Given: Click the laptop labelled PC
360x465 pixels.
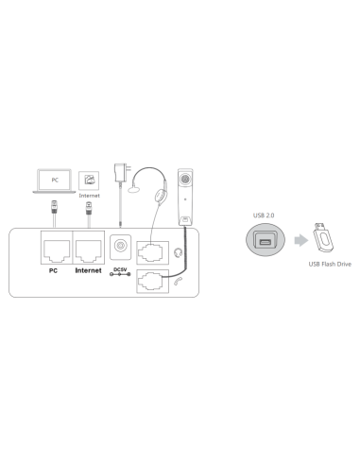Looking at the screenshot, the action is [x=57, y=178].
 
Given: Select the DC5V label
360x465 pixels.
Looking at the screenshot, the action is [x=120, y=269].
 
